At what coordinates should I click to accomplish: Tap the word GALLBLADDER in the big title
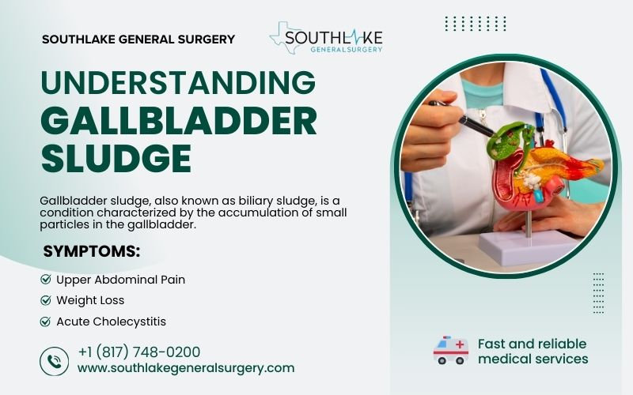click(x=178, y=121)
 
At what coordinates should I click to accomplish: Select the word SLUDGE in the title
click(x=116, y=157)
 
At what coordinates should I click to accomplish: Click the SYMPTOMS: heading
click(x=91, y=252)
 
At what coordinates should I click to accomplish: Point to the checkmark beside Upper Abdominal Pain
click(x=45, y=280)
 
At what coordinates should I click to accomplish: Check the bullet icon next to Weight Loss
click(x=45, y=300)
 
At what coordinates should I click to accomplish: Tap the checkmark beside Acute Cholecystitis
click(x=45, y=322)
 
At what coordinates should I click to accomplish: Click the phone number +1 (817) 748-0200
click(x=138, y=352)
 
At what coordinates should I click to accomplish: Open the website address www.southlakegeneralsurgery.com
click(x=186, y=367)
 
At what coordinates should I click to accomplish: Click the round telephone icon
click(x=54, y=361)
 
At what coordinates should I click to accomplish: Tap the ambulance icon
click(x=451, y=350)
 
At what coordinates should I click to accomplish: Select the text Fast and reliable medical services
click(x=533, y=351)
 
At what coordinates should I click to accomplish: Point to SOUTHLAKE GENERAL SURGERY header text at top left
click(x=138, y=39)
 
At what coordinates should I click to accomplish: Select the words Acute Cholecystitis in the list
click(x=111, y=322)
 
